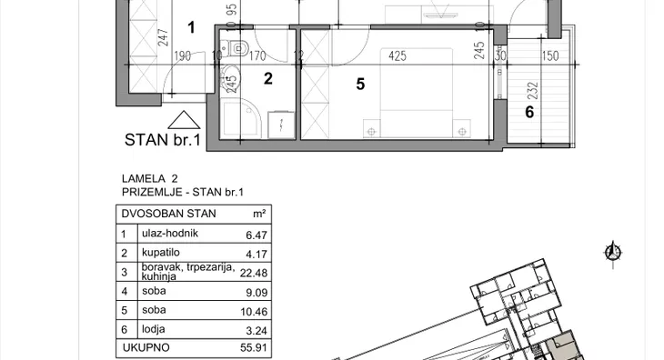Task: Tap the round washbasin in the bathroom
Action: (230, 78)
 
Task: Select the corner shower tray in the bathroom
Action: (239, 119)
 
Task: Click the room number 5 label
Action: (360, 85)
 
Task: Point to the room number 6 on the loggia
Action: (529, 112)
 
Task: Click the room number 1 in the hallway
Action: (191, 27)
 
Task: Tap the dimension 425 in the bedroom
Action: (397, 55)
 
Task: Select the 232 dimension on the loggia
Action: (533, 91)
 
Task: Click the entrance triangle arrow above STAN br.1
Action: (184, 120)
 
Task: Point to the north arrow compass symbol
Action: (613, 254)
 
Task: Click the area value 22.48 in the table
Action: (254, 274)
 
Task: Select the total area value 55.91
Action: (254, 348)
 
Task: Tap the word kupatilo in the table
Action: (160, 253)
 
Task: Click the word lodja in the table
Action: (154, 329)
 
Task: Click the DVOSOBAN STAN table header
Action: (168, 214)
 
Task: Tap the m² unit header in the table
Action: (259, 214)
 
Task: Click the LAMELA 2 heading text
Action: (150, 178)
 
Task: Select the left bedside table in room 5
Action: (371, 128)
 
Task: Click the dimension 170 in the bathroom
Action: (257, 55)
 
